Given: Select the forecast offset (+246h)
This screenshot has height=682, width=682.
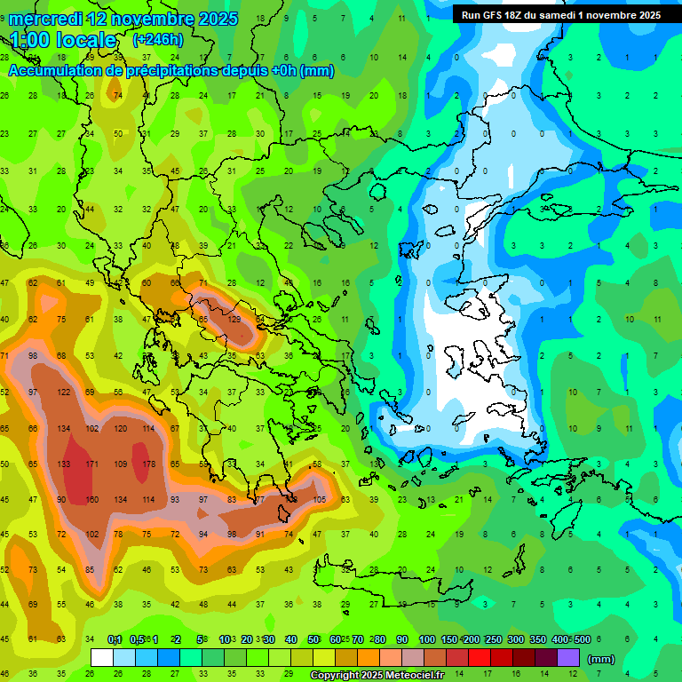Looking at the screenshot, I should (157, 39).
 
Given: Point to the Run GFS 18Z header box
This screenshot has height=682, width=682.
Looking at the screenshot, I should (560, 15).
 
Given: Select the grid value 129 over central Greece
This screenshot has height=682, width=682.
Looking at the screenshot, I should (234, 320).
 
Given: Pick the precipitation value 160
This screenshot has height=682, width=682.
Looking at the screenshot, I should (91, 500).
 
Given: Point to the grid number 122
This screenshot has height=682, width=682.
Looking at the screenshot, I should (64, 393).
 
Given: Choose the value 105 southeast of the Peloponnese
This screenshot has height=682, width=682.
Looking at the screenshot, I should (320, 500).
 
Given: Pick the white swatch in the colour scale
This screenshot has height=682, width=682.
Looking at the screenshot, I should (102, 658).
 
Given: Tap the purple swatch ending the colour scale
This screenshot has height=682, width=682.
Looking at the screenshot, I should (568, 658).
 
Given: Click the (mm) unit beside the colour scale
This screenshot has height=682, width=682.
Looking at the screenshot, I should (601, 659).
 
